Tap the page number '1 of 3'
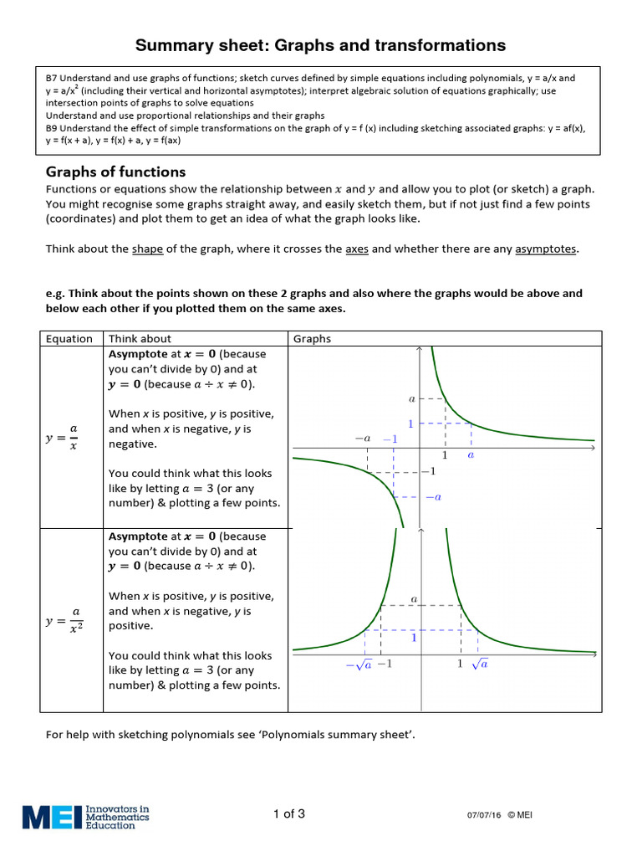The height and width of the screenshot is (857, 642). click(289, 814)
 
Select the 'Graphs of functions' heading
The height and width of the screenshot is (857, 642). click(115, 172)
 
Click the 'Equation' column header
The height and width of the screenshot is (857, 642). click(69, 339)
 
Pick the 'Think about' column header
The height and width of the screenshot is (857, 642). click(140, 339)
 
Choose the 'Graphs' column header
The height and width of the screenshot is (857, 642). click(312, 339)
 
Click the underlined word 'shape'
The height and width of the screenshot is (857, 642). click(147, 249)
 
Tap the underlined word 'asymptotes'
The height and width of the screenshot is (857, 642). click(546, 249)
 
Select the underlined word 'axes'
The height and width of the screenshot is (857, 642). click(357, 249)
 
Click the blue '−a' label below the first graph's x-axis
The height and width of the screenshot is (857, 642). click(433, 497)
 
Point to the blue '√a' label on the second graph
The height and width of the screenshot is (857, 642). click(479, 664)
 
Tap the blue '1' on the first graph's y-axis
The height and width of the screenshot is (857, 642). click(410, 423)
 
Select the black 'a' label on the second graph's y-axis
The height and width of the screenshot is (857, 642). click(414, 599)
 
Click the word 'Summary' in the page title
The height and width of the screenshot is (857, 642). click(172, 45)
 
